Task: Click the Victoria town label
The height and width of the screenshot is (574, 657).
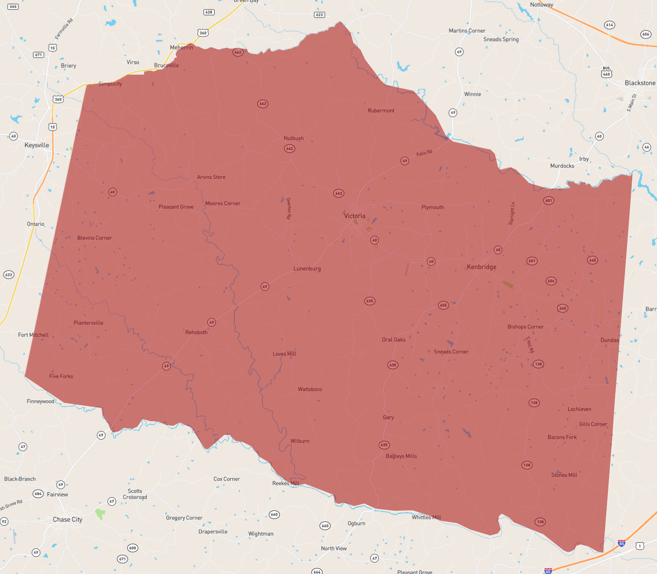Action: click(x=355, y=216)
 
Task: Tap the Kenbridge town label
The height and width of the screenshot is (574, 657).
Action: click(x=481, y=267)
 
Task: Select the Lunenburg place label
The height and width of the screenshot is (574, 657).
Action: click(x=307, y=268)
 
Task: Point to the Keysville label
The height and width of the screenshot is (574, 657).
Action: click(x=37, y=145)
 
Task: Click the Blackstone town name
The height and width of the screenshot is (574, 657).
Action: click(x=640, y=83)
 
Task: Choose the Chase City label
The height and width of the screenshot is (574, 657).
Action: click(x=67, y=519)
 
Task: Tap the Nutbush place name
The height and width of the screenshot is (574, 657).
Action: click(x=294, y=138)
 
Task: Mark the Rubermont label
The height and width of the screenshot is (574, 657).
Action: click(x=381, y=111)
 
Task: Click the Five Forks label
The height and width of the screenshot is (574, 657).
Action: click(x=61, y=376)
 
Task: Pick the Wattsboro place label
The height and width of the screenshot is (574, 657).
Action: click(x=310, y=389)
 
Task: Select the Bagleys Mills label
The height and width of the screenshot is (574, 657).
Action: click(x=401, y=456)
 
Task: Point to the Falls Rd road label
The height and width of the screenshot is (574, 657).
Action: click(x=424, y=153)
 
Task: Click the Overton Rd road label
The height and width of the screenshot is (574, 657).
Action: click(x=289, y=208)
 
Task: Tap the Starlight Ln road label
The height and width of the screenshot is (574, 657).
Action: click(x=512, y=213)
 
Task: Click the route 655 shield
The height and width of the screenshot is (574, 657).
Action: click(x=443, y=305)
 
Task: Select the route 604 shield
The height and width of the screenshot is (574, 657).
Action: click(x=551, y=281)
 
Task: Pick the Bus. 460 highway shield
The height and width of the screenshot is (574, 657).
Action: click(x=606, y=73)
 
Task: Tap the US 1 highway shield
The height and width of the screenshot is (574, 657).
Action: click(x=640, y=546)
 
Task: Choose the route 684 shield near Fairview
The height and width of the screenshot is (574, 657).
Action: click(x=38, y=494)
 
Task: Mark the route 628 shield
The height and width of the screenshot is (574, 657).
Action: click(x=209, y=12)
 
